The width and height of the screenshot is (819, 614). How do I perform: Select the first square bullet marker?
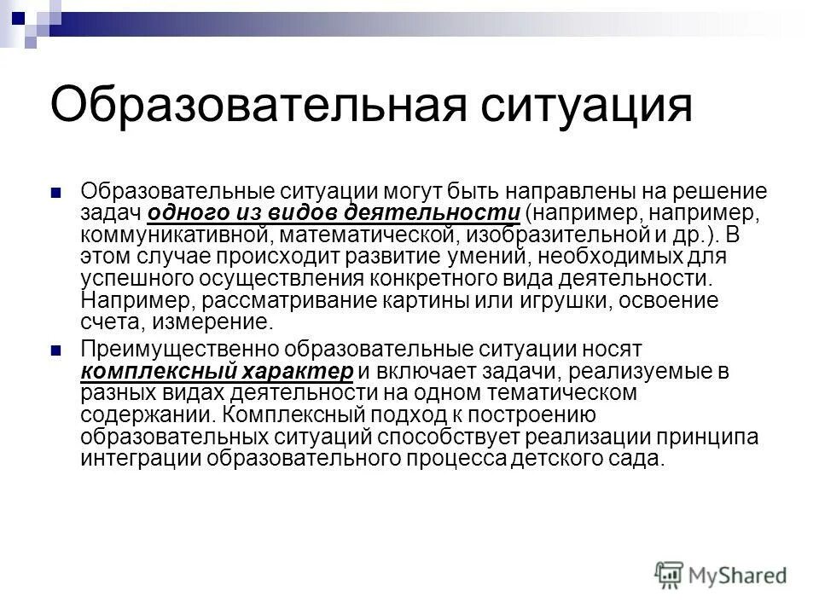pyautogui.click(x=56, y=190)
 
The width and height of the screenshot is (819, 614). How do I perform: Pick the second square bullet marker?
pyautogui.click(x=56, y=350)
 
